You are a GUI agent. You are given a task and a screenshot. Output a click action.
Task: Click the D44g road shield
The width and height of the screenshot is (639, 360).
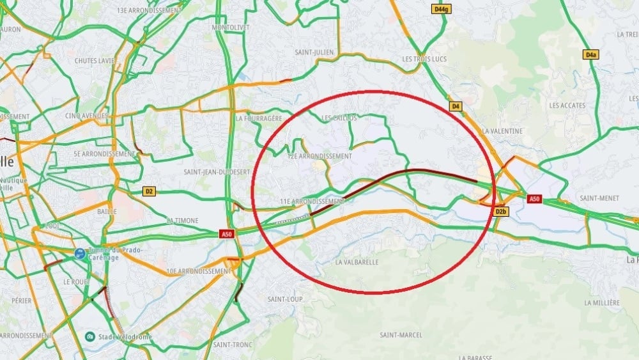pos(442,9)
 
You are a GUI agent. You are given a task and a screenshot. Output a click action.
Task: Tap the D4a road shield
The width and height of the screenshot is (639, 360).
pos(590,55)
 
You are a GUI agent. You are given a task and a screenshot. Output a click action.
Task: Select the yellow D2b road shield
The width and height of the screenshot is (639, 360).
pos(501,212)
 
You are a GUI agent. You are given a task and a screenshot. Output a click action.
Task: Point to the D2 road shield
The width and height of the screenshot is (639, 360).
pos(149,191)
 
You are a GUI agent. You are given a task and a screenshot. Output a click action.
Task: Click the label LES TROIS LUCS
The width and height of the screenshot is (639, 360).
pos(424,59)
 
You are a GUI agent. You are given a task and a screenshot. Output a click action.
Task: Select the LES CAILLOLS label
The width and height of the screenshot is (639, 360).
pos(339,118)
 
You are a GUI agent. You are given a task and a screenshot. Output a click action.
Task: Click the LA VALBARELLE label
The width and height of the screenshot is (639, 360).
pos(357,262)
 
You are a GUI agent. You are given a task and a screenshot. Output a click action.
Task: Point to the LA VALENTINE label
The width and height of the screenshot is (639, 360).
pos(503,131)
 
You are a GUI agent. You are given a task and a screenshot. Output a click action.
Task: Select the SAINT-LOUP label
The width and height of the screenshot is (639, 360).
pos(285,299)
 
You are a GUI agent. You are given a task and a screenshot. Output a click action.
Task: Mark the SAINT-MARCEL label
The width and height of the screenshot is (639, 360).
pos(401,335)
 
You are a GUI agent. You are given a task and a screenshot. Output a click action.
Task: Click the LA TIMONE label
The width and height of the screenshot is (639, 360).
pos(183,220)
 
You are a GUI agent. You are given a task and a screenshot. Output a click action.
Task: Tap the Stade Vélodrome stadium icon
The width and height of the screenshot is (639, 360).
pos(91,336)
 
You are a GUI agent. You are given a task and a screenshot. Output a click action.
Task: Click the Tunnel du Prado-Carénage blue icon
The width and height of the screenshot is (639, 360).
pos(80,254)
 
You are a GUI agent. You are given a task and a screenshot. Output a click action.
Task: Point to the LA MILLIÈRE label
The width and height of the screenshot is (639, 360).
pos(602,302)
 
